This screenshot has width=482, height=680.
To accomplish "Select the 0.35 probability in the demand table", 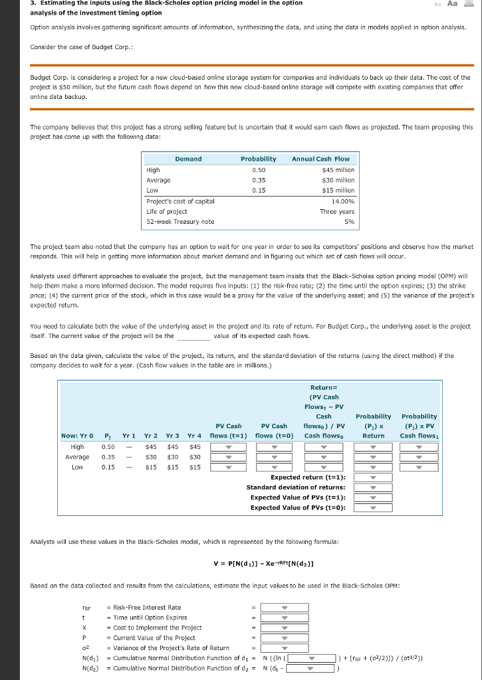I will coord(259,180).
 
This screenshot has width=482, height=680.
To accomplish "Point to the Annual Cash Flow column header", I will coord(320,159).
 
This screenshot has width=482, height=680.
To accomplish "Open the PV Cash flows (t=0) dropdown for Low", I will coord(274,467).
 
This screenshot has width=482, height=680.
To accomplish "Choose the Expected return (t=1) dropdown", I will coord(373,477).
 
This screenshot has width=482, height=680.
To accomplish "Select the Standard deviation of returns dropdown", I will coord(373,487).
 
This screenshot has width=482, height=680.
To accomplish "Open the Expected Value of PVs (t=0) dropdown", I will coord(373,507).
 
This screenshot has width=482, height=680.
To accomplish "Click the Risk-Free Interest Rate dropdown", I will coord(285,607).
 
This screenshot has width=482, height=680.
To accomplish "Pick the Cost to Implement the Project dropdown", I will coord(285,628).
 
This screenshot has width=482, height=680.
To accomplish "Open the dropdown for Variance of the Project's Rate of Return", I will coord(285,648).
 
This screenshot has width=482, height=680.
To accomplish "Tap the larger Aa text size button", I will coord(452,4).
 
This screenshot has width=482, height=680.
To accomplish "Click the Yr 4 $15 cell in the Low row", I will coord(195,467).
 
